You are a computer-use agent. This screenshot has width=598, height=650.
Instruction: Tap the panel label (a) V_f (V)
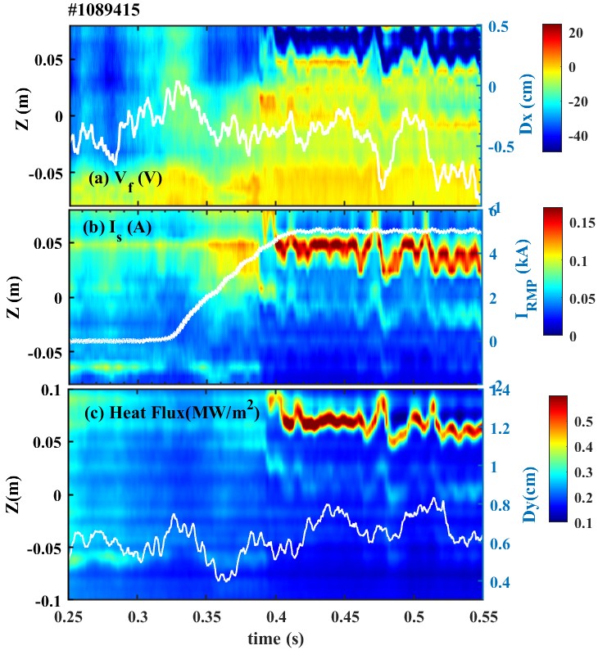(127, 177)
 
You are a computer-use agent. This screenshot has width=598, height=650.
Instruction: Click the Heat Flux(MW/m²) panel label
(172, 413)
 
